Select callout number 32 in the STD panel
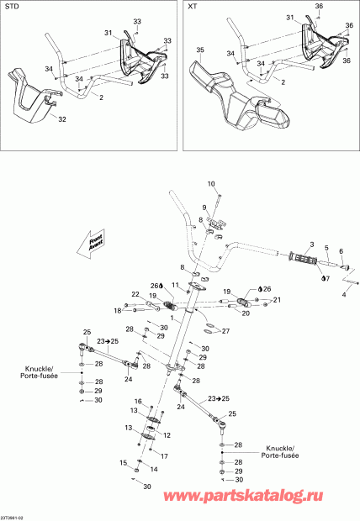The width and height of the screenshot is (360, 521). [61, 120]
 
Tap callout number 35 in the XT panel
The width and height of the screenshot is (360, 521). [200, 51]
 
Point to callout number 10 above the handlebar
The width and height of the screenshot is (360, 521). [211, 183]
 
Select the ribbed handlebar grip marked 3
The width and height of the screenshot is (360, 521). [302, 255]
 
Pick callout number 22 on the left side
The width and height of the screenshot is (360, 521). [135, 294]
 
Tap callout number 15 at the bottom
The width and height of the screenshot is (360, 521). [123, 462]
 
